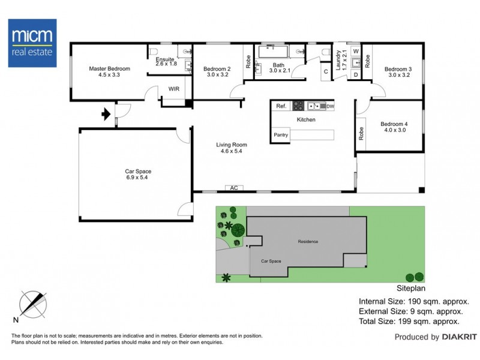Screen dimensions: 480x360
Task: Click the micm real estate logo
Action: pyautogui.click(x=32, y=43)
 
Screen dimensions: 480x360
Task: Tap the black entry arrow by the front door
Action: pyautogui.click(x=106, y=114)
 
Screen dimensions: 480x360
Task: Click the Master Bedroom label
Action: pyautogui.click(x=110, y=68)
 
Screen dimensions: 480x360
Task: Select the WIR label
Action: pyautogui.click(x=174, y=89)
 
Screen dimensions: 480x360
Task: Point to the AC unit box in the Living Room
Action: pyautogui.click(x=234, y=188)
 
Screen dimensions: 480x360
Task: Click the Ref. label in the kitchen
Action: pyautogui.click(x=281, y=106)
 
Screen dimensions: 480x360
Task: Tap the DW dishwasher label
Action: pyautogui.click(x=331, y=106)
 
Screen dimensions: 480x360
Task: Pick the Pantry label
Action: pyautogui.click(x=281, y=134)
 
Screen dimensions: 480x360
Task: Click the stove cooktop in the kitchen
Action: pyautogui.click(x=298, y=106)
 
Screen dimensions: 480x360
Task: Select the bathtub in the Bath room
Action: pyautogui.click(x=274, y=52)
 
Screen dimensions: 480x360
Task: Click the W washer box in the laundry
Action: pyautogui.click(x=356, y=51)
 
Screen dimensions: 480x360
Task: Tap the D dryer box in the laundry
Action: pyautogui.click(x=356, y=74)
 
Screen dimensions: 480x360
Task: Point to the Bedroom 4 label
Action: pyautogui.click(x=394, y=124)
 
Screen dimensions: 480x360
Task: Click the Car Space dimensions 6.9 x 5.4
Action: pyautogui.click(x=137, y=177)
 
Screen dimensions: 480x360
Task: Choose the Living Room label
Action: pyautogui.click(x=232, y=145)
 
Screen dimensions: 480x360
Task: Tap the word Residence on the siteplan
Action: pyautogui.click(x=308, y=242)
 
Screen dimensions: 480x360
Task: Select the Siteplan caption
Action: pyautogui.click(x=411, y=288)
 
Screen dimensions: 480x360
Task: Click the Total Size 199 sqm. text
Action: pyautogui.click(x=409, y=322)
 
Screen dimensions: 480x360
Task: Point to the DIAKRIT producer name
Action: pyautogui.click(x=460, y=337)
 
